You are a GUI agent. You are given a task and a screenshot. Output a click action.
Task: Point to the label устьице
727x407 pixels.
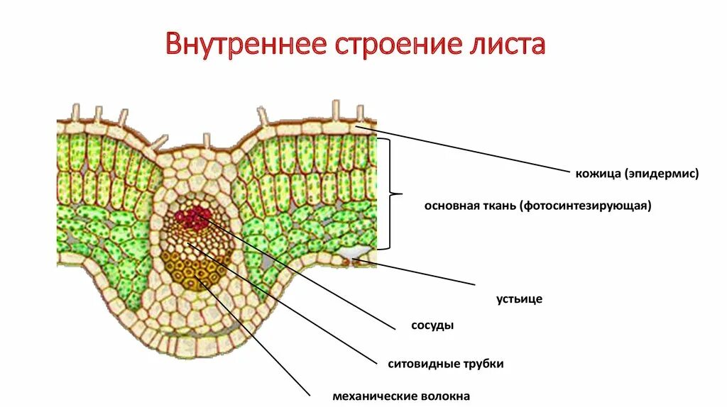point(519,299)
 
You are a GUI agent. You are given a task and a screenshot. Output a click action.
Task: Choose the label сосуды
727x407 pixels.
point(432,325)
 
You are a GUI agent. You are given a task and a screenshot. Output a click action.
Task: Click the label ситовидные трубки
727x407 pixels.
point(446,364)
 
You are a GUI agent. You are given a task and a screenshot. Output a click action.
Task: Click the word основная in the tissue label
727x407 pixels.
point(450,206)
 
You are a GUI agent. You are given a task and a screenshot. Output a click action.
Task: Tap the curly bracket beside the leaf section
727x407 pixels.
point(394,194)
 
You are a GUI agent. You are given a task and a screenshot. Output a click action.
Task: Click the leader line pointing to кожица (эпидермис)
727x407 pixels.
point(469,149)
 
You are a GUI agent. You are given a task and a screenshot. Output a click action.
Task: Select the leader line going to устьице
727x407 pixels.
point(419,273)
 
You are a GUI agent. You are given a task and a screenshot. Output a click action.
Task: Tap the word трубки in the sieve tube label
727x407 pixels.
point(487,364)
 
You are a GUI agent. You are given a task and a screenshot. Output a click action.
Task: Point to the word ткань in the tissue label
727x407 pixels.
point(498,206)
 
